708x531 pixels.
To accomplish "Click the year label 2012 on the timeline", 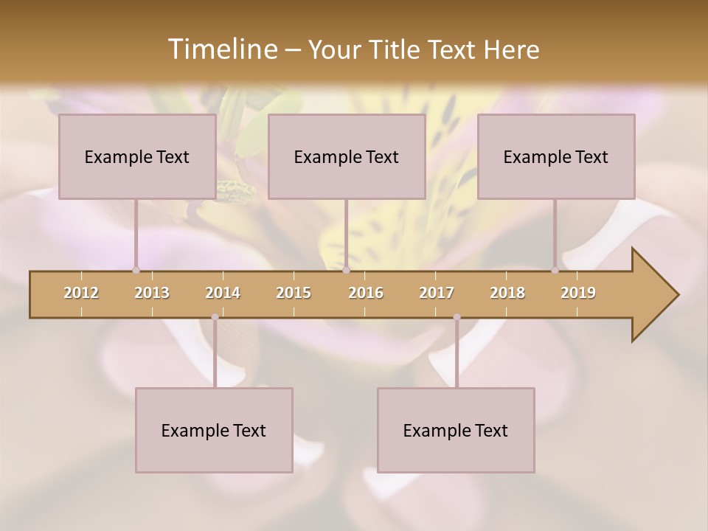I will [x=81, y=293].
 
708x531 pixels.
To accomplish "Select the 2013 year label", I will [x=152, y=293].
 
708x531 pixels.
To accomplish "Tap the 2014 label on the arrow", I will [x=223, y=293].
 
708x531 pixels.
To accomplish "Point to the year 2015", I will [x=294, y=293].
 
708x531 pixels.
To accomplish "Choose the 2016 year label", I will [x=366, y=293].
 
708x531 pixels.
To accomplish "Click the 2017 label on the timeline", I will [x=437, y=293].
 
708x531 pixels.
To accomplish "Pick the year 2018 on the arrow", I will [x=507, y=293].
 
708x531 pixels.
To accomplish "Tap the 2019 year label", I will [x=578, y=293].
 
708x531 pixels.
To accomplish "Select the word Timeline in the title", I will [x=221, y=49].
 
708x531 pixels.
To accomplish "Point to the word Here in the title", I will [x=511, y=50].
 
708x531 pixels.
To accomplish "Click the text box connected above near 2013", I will [x=137, y=156].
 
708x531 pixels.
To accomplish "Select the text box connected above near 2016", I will [x=347, y=156].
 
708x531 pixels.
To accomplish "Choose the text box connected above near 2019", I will [x=556, y=156].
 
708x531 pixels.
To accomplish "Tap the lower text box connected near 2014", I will [x=214, y=430].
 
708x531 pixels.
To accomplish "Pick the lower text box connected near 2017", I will [x=456, y=430].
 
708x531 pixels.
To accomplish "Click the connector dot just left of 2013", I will [x=136, y=270].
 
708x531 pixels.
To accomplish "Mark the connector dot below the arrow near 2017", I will [x=457, y=317].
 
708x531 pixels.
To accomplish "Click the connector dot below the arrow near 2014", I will [x=215, y=317].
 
